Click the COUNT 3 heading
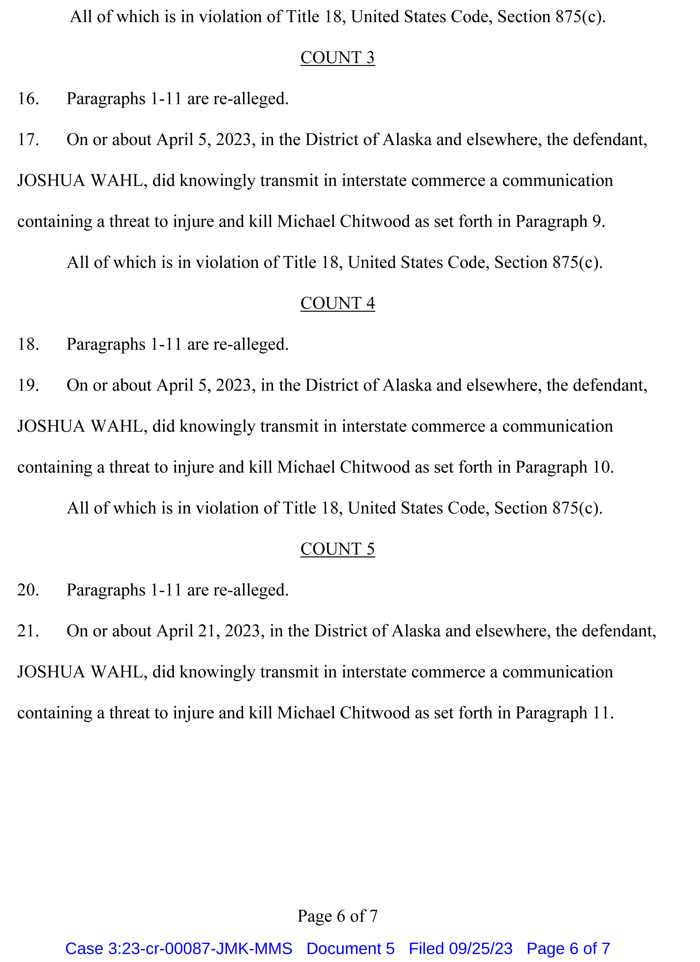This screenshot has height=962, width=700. tap(337, 58)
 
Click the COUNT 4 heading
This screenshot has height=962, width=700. tap(337, 303)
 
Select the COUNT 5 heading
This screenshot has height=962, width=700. tap(337, 549)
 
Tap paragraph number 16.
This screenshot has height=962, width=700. tap(28, 99)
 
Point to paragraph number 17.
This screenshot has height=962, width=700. tap(28, 140)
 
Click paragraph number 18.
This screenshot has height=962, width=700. tap(28, 344)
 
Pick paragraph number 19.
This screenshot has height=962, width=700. tap(28, 385)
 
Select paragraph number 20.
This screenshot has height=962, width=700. tap(28, 590)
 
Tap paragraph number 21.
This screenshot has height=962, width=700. tap(28, 631)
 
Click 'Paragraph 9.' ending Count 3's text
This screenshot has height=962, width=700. tap(560, 222)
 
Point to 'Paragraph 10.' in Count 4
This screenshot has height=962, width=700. tap(564, 467)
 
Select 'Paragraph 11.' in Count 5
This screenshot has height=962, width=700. tap(564, 713)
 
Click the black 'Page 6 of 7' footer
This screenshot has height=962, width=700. tap(337, 916)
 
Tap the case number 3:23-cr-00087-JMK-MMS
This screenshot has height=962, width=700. tap(179, 949)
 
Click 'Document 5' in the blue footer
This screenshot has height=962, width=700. tap(351, 949)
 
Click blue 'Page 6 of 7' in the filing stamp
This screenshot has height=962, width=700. tap(568, 949)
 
